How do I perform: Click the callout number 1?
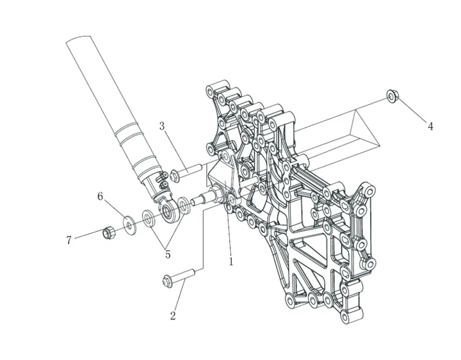(231, 262)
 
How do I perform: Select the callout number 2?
(173, 315)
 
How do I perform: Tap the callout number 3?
(162, 126)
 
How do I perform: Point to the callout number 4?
(431, 126)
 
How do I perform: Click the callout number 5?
(168, 254)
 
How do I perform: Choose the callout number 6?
(100, 196)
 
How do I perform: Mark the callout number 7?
(69, 240)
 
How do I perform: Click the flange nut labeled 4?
(392, 97)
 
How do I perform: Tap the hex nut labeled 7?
(109, 233)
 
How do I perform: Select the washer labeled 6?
(129, 224)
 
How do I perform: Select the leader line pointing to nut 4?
(412, 111)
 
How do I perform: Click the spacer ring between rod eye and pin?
(183, 205)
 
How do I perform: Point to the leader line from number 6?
(114, 209)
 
